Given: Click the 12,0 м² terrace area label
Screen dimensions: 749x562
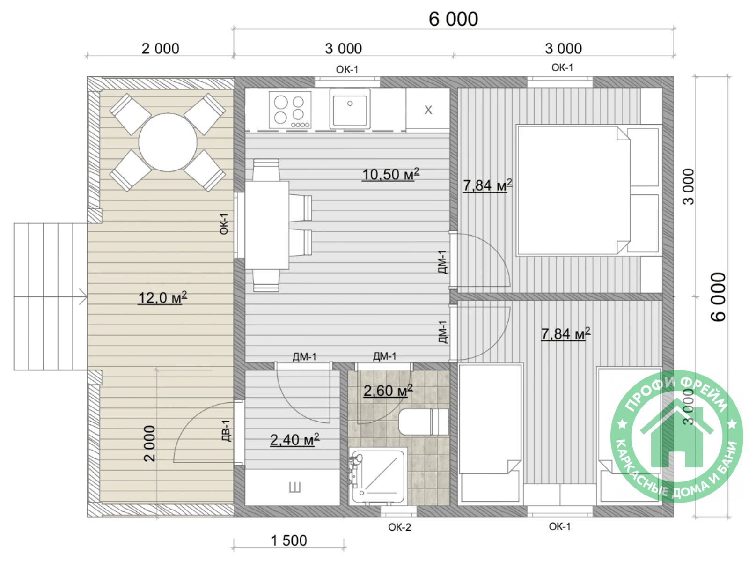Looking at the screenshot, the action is pos(162,297).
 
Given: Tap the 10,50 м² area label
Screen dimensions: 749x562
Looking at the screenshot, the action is pos(390,174).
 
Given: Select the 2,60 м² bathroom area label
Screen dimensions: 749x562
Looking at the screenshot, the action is pos(388,391).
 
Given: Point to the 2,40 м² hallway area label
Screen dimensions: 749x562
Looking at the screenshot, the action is pos(294,439).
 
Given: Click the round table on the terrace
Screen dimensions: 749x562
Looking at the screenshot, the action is pos(168,142).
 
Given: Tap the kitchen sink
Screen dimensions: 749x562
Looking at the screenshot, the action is pos(350,109).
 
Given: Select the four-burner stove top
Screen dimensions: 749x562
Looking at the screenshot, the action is pos(290,110).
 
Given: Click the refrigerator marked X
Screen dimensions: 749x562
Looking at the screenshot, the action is pos(428,109).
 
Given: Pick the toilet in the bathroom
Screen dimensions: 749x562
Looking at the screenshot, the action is pos(423,422).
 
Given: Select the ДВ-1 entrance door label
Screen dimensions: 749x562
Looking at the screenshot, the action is pos(226,430).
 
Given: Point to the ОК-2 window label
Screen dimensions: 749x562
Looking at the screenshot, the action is pos(399,527).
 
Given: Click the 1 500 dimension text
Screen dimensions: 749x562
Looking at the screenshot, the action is pos(289,540).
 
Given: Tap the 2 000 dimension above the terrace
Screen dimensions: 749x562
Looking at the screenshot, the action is pos(160,49).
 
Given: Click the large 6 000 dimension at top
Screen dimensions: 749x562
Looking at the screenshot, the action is pos(453,19).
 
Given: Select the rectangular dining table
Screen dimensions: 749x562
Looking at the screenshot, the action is pos(267,225).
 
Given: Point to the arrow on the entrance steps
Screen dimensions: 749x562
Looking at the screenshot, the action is pos(51,296).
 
